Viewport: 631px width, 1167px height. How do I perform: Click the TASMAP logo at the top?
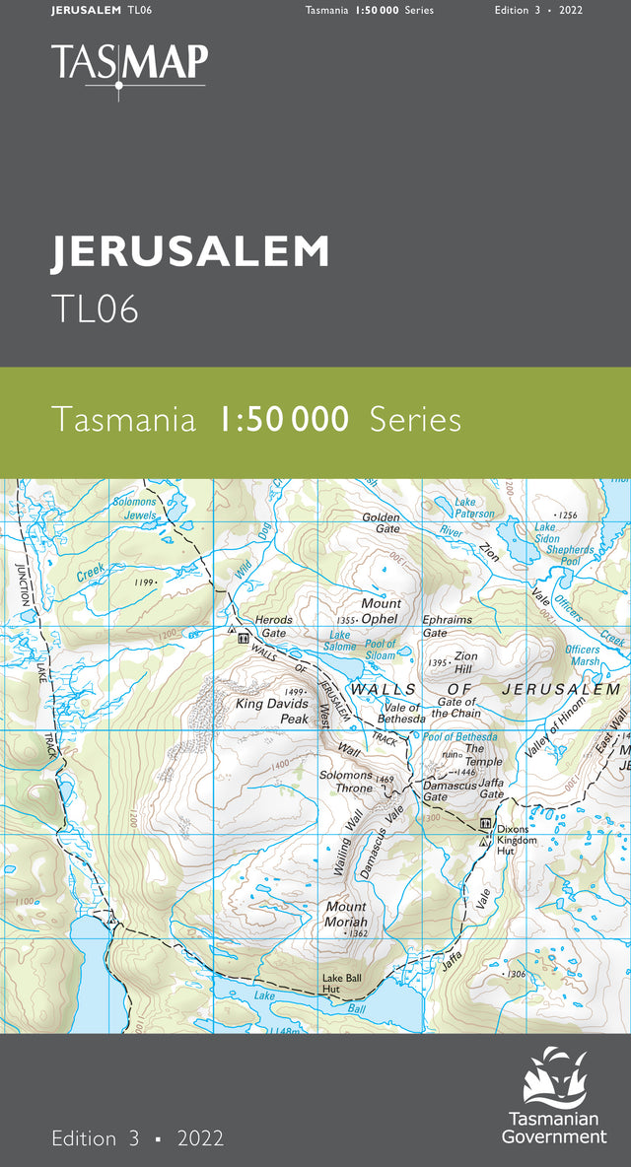pyautogui.click(x=129, y=65)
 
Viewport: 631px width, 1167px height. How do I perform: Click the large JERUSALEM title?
pyautogui.click(x=190, y=252)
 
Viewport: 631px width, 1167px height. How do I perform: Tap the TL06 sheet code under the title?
pyautogui.click(x=95, y=309)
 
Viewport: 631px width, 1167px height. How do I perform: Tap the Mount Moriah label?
pyautogui.click(x=346, y=914)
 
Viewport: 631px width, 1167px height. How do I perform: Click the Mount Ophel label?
pyautogui.click(x=380, y=611)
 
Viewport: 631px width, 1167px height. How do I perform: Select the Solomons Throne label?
pyautogui.click(x=346, y=782)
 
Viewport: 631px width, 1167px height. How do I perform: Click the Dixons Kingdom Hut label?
pyautogui.click(x=517, y=840)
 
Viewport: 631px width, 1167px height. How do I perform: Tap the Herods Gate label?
pyautogui.click(x=273, y=626)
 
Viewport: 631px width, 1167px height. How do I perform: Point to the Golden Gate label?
pyautogui.click(x=381, y=522)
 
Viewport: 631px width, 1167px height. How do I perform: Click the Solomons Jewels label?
pyautogui.click(x=135, y=509)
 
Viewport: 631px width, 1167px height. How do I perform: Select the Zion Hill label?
pyautogui.click(x=464, y=661)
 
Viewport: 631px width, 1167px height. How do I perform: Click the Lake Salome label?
pyautogui.click(x=340, y=641)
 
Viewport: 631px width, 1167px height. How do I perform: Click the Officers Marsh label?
pyautogui.click(x=583, y=655)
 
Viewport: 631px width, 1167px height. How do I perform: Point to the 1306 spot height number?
pyautogui.click(x=515, y=974)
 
